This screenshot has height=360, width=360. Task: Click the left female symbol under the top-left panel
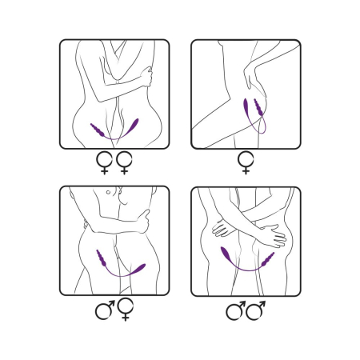(104, 165)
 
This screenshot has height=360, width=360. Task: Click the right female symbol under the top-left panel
(124, 165)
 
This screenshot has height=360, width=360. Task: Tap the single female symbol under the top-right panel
(245, 165)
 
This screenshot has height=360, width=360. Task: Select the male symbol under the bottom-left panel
(104, 309)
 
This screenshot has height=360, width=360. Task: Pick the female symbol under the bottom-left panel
(125, 310)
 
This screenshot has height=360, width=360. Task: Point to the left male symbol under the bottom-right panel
(236, 309)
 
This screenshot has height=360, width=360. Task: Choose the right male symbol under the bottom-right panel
(256, 309)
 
